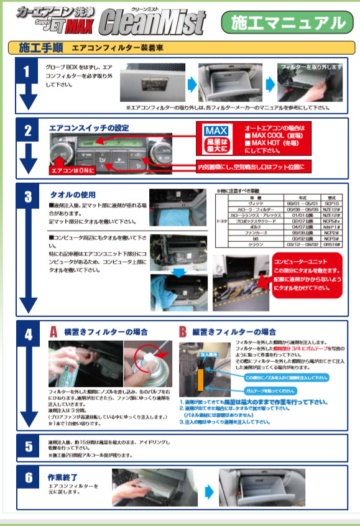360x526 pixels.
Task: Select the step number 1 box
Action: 27,71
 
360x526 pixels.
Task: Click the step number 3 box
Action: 27,198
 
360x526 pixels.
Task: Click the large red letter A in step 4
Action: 54,333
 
